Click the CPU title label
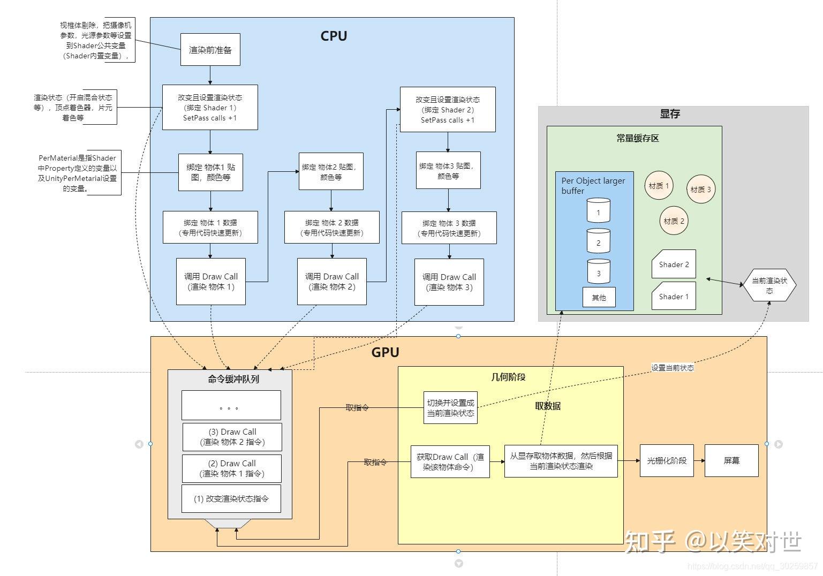click(334, 36)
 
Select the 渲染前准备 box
click(210, 50)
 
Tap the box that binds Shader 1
click(210, 107)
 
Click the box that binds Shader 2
click(448, 110)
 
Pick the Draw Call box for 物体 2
click(332, 282)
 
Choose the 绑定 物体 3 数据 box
click(449, 228)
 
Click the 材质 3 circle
click(700, 189)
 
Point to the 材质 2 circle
click(674, 221)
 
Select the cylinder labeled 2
click(598, 241)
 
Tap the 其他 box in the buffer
click(599, 297)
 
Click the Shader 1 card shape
click(674, 296)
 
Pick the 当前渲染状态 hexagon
click(769, 285)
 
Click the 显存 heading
click(669, 113)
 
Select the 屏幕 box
click(731, 460)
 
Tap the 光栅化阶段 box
click(667, 460)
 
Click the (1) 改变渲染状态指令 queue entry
click(231, 498)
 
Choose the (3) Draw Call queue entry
click(232, 437)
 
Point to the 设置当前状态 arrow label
click(672, 368)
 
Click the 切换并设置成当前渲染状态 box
click(450, 408)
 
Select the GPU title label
click(385, 352)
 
